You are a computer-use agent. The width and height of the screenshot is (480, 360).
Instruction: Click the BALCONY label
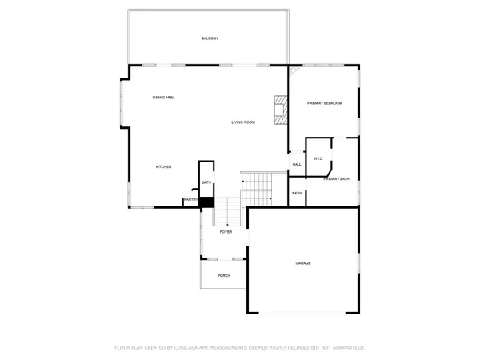coord(210,38)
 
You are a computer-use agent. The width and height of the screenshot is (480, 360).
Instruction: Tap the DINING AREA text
coord(164,98)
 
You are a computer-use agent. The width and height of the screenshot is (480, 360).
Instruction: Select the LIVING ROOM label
coord(243,122)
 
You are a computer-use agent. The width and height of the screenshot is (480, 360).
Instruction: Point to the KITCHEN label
coord(163,166)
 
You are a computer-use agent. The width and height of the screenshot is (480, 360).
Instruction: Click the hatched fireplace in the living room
coord(280,110)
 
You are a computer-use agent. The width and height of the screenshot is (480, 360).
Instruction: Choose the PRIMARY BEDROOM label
coord(325,103)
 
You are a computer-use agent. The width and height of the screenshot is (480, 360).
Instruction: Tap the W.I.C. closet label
coord(318,158)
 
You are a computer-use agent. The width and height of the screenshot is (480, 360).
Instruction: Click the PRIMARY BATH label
coord(336,178)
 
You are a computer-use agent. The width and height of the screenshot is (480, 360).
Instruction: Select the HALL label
coord(296,164)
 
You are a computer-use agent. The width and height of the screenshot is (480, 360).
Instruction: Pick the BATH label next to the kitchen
coord(206,182)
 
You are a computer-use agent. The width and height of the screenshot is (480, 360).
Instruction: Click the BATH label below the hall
coord(296,193)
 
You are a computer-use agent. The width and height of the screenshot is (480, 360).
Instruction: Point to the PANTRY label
coord(191,199)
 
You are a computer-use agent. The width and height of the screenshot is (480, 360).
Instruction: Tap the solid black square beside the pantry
coord(206,202)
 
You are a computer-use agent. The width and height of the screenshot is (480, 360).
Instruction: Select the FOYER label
coord(226,231)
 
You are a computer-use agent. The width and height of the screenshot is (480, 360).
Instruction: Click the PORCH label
coord(224,275)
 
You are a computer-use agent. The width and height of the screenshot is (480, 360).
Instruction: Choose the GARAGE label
coord(303,263)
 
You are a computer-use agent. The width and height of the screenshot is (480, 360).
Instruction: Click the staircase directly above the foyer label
coord(229,213)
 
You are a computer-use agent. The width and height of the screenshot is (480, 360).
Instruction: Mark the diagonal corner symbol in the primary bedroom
coord(294,70)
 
